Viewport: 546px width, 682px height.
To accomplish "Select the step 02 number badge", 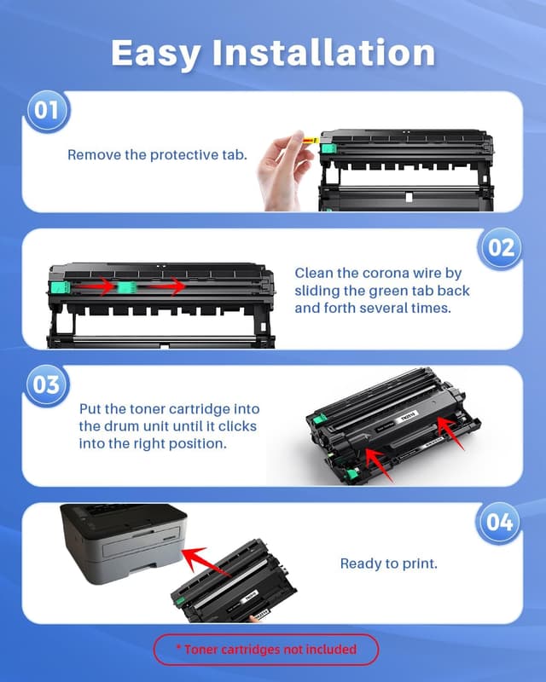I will coord(500,248).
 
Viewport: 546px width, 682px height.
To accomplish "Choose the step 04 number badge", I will coord(500,522).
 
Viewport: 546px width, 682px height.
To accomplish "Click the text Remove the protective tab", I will coord(156,155).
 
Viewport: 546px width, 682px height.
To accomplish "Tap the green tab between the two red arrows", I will coord(129,287).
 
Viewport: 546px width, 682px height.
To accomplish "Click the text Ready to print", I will coord(388,564).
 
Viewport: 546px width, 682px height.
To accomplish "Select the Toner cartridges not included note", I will coord(266,650).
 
